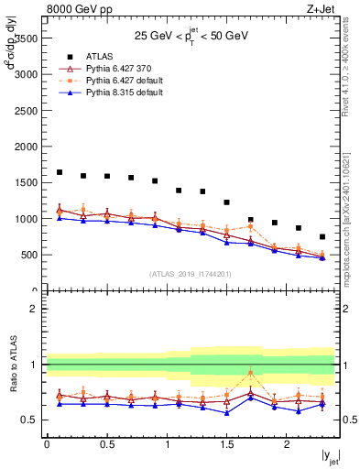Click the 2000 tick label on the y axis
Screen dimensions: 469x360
[x=27, y=147]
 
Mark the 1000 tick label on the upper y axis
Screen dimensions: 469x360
[x=27, y=219]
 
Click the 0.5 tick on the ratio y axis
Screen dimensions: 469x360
[x=32, y=420]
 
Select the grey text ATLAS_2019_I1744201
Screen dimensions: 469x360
[x=191, y=274]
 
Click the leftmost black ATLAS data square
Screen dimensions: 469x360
[x=60, y=172]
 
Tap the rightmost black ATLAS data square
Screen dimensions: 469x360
[x=322, y=236]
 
